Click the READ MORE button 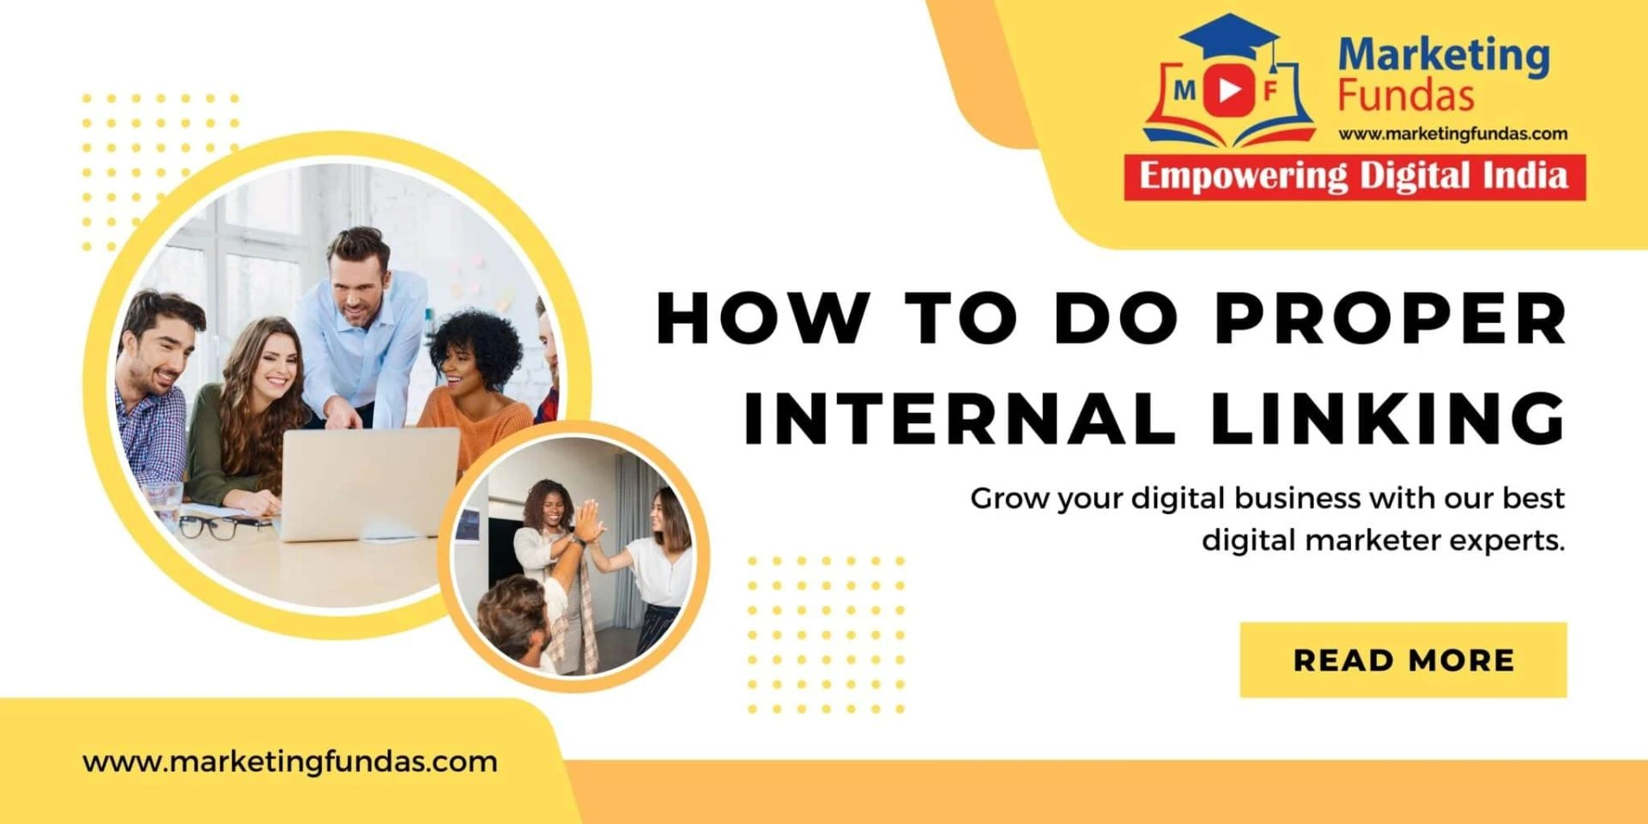[1403, 659]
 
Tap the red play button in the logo [1228, 89]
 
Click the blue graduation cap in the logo [1230, 36]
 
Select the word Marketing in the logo [1444, 56]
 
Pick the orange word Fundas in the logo [1406, 96]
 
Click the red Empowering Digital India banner [1354, 178]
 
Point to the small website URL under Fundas [1452, 134]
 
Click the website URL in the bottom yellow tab [290, 761]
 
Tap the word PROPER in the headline [1390, 318]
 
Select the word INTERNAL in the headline [959, 418]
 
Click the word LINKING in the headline [1389, 418]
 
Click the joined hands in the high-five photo [588, 521]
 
